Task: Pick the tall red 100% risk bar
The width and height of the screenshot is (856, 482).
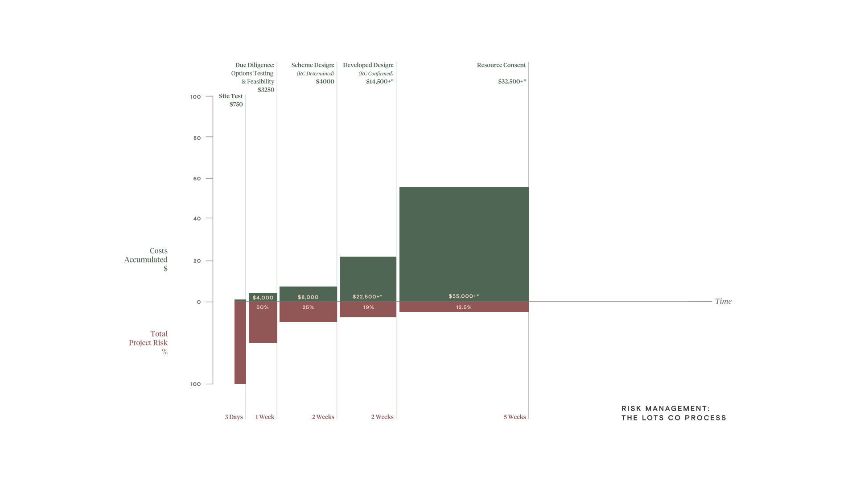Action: pos(240,344)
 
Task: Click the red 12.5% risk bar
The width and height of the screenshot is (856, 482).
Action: pos(464,307)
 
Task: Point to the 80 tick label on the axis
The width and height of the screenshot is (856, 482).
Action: pos(197,138)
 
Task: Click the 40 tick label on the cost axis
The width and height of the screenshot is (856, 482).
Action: pos(197,219)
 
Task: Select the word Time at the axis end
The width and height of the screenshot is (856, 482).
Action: pos(723,301)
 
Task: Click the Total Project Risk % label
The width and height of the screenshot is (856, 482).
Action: pos(148,342)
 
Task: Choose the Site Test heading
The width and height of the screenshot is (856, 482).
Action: pos(230,96)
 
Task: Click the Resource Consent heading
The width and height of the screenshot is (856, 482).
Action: pos(501,65)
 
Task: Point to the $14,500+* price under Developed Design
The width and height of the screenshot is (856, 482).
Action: pos(379,82)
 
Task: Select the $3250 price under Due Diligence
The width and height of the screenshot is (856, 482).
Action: pos(266,90)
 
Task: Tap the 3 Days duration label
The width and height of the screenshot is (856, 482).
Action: pos(234,417)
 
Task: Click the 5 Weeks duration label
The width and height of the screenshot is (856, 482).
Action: pos(514,417)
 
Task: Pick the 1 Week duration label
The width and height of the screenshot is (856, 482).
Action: pos(265,417)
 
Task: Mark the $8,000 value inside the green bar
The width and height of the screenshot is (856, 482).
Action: pos(308,297)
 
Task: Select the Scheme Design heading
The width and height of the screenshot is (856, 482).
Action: pos(313,65)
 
